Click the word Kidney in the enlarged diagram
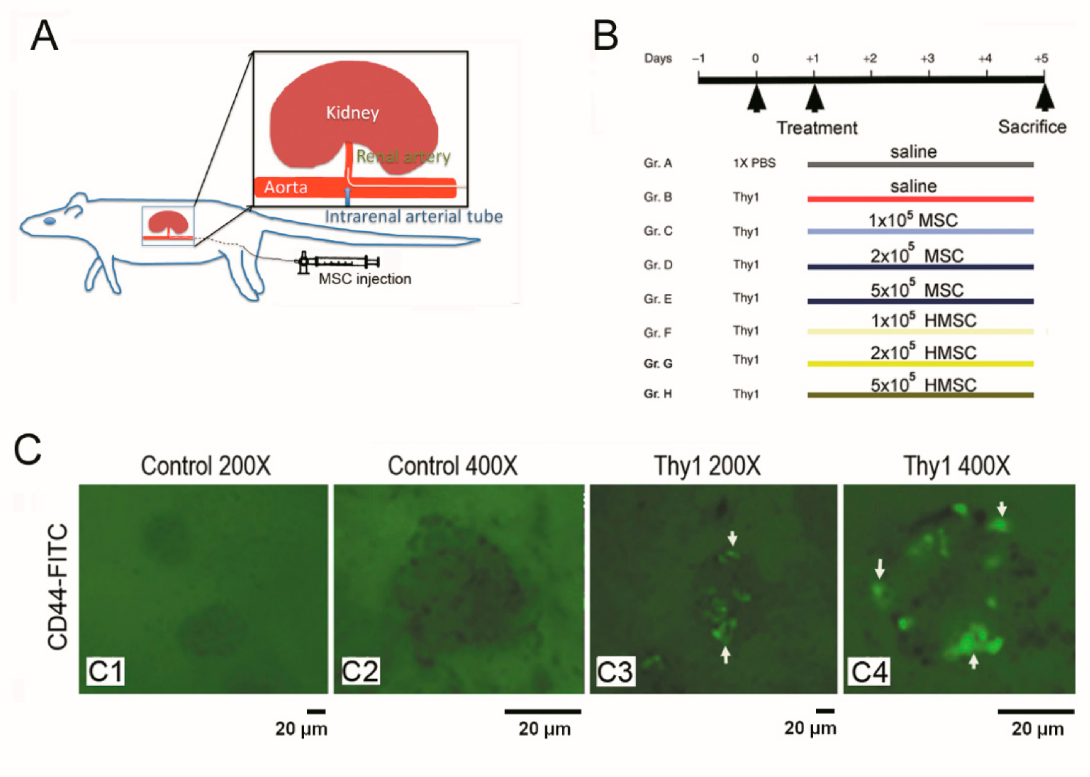point(352,113)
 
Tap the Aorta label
point(286,187)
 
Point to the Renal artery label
point(403,157)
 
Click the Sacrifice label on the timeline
point(1032,127)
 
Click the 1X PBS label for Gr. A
point(754,163)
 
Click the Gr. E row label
point(657,299)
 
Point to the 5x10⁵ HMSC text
point(923,385)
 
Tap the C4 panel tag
point(870,671)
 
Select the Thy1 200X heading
point(707,466)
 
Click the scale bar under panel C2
point(542,711)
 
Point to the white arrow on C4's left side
point(880,569)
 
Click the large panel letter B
point(606,36)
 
